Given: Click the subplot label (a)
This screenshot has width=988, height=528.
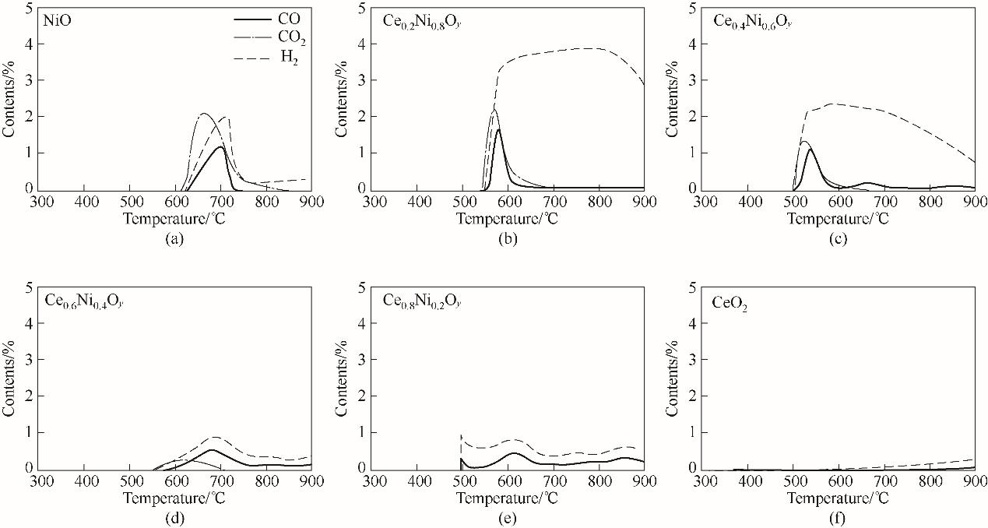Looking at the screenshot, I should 175,238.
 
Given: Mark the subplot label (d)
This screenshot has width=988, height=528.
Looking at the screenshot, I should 175,517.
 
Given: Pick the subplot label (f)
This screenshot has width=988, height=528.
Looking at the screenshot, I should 839,517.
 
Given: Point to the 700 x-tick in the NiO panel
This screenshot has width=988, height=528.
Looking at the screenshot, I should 221,202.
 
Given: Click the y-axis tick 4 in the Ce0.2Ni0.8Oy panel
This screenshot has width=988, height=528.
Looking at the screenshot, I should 363,44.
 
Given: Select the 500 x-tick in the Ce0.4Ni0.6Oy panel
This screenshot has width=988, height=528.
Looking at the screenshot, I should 794,202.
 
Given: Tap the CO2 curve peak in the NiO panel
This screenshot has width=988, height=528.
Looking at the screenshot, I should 204,114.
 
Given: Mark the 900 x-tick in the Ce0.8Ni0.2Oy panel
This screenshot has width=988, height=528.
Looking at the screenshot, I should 645,480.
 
